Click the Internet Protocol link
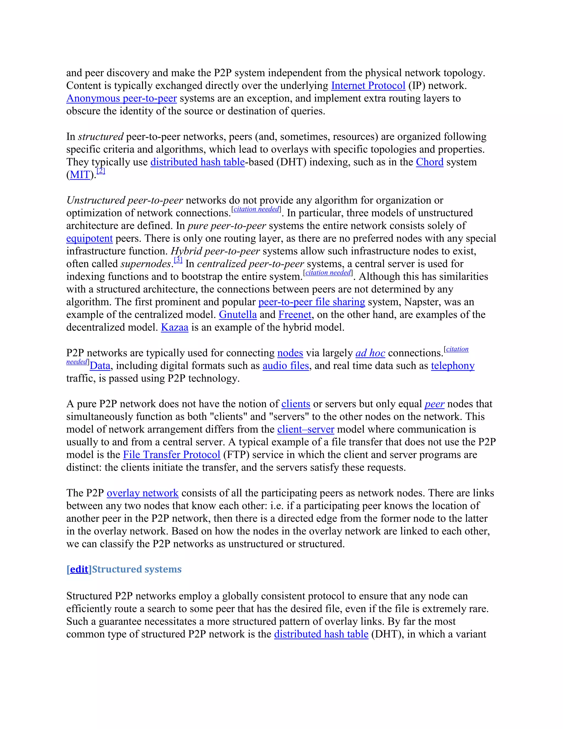pos(368,86)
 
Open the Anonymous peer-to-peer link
pos(122,98)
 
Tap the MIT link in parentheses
pos(80,175)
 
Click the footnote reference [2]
pos(101,171)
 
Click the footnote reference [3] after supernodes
pos(178,260)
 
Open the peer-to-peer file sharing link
pos(311,302)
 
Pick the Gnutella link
pos(238,315)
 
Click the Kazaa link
pos(175,327)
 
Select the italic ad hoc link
pos(370,353)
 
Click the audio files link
pos(286,366)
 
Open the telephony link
pos(452,366)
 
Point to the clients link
pos(296,404)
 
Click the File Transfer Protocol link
pos(172,455)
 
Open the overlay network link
pos(142,493)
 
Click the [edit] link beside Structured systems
pos(79,569)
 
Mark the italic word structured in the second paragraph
pos(101,137)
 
